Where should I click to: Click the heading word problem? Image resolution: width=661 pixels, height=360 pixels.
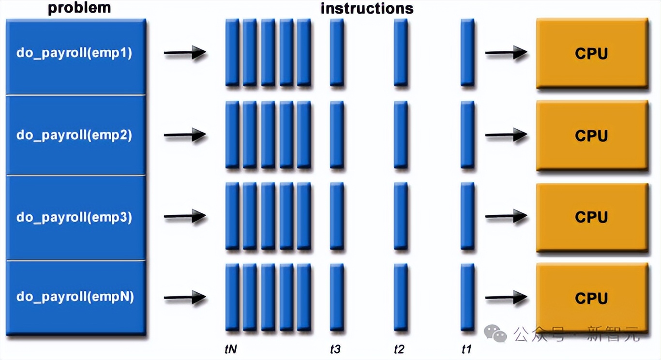(x=79, y=8)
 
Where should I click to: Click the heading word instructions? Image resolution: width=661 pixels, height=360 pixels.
(x=367, y=8)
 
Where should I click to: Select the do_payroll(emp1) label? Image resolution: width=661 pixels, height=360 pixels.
(x=74, y=53)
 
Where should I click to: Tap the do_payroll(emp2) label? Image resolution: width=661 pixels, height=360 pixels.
(x=74, y=135)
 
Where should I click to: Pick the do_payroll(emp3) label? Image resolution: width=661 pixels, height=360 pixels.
(x=74, y=217)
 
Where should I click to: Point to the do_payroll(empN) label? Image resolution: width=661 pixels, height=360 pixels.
(x=75, y=296)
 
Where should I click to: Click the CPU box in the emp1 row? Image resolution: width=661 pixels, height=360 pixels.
(x=591, y=53)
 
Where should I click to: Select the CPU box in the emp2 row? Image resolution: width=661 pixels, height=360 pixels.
(x=591, y=135)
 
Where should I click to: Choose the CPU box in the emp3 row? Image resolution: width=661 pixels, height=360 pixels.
(x=591, y=217)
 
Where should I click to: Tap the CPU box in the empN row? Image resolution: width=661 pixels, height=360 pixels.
(x=591, y=298)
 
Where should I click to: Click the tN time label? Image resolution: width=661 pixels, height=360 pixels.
(x=231, y=349)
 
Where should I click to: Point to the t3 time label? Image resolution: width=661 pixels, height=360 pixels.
(x=335, y=349)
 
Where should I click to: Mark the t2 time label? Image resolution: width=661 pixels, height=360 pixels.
(x=399, y=349)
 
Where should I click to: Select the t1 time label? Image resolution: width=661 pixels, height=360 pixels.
(x=466, y=349)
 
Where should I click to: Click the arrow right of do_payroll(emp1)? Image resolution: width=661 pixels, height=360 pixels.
(x=185, y=53)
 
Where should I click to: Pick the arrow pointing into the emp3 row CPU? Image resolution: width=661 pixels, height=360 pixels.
(x=506, y=216)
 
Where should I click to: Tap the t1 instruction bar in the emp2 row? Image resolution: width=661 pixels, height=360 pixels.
(x=467, y=135)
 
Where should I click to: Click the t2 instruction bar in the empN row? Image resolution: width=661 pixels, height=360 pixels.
(x=401, y=297)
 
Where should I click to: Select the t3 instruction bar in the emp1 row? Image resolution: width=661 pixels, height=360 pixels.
(x=337, y=52)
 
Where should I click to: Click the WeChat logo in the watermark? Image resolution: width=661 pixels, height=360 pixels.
(x=496, y=333)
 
